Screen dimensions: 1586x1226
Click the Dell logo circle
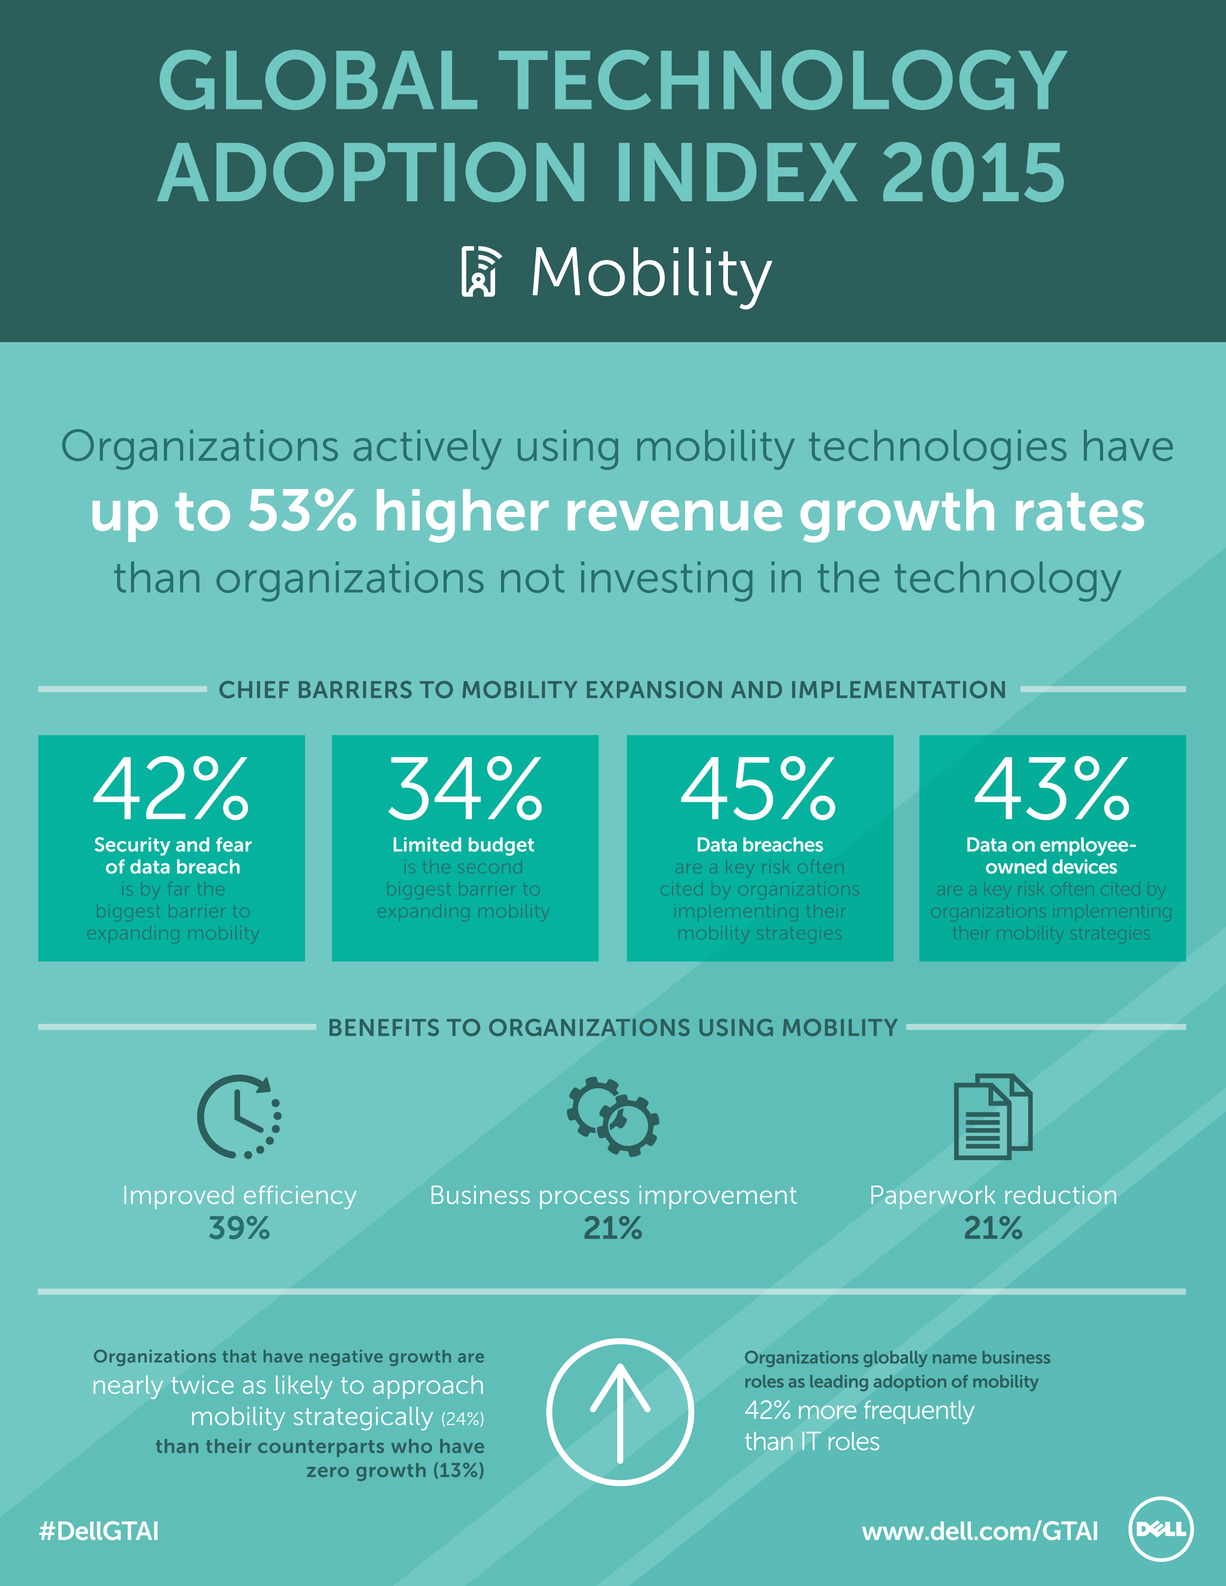coord(1160,1529)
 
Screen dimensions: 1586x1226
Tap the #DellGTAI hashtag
coord(99,1531)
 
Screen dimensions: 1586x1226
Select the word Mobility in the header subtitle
coord(651,273)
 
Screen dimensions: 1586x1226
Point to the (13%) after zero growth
coord(458,1471)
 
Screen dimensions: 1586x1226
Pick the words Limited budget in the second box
coord(464,845)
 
